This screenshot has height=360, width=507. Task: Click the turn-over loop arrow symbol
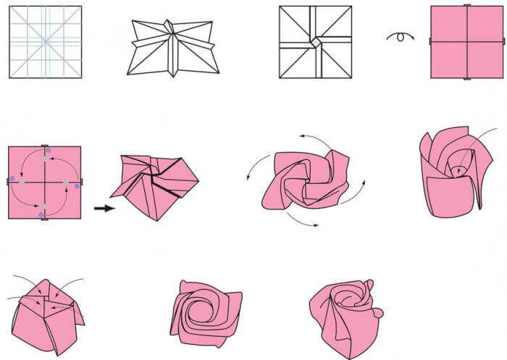coord(400,36)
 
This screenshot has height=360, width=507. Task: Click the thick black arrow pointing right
coord(103,209)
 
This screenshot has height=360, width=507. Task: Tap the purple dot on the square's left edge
coord(12,178)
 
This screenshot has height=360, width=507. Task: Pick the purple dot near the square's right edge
coord(77,186)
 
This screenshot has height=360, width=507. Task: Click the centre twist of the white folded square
coord(315,43)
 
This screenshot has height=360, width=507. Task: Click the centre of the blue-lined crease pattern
coord(45,41)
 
